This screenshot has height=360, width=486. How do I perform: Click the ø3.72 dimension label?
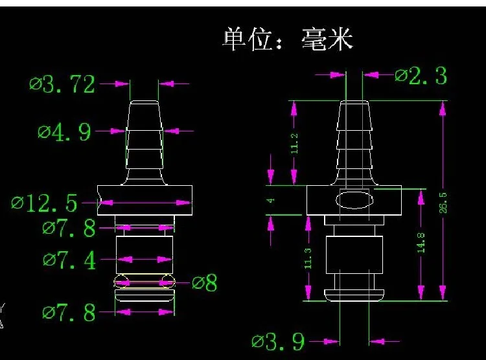coord(62,84)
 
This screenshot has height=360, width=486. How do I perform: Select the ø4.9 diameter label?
coord(64,132)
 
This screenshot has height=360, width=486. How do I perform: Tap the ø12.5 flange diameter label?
coord(44,203)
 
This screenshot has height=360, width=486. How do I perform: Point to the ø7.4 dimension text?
coord(69,260)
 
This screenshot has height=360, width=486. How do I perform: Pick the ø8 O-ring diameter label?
coord(204,282)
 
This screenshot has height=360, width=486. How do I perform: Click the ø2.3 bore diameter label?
coord(421,76)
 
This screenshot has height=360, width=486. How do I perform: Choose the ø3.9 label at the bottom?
coord(278,342)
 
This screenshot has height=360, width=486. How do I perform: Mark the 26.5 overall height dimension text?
coord(443,203)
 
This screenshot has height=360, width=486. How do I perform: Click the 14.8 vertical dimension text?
coord(421,243)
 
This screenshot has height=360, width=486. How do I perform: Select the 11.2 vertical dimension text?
coord(294,144)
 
